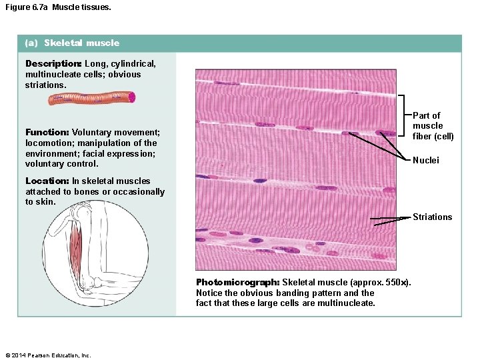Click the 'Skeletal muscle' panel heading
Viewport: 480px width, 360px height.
pos(81,43)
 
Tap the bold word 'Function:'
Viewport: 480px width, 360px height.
pos(47,132)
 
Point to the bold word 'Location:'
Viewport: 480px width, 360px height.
pos(47,181)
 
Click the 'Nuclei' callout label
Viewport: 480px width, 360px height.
pos(426,160)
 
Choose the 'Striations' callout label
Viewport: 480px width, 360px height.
pos(432,217)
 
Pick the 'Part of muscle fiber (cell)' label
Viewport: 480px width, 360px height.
pos(433,125)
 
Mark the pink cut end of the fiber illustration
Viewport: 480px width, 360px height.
pos(132,97)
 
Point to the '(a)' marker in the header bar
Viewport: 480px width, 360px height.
pos(31,43)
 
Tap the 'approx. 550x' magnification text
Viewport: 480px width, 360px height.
pos(384,283)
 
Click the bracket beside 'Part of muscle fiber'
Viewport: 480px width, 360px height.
pos(404,115)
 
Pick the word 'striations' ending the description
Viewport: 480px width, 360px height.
pos(46,85)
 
